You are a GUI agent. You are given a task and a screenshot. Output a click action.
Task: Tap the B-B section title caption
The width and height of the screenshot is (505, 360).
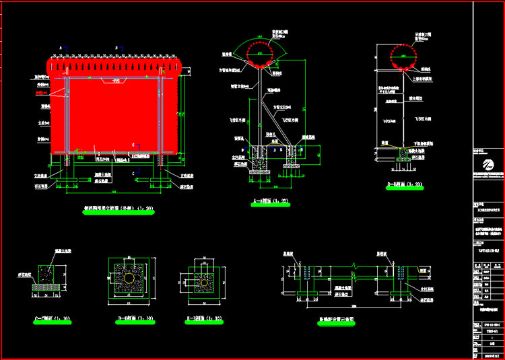[x=404, y=183]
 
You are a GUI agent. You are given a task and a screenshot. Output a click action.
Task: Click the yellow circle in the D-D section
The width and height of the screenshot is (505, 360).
[x=127, y=277]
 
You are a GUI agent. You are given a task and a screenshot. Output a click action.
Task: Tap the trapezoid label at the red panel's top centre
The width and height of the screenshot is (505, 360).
[x=121, y=81]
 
